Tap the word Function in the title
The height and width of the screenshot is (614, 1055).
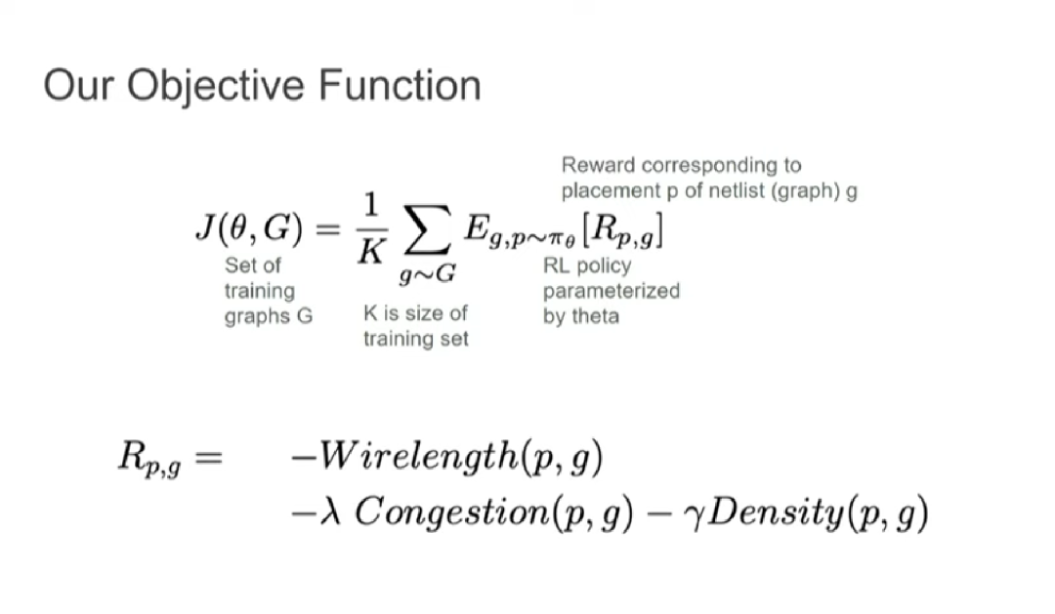click(x=400, y=85)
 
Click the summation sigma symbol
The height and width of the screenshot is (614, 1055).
click(x=427, y=230)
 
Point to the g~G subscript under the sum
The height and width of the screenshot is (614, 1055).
click(x=427, y=273)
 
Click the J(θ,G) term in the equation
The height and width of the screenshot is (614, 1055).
click(x=250, y=227)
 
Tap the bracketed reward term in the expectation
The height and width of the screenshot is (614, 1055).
click(x=623, y=230)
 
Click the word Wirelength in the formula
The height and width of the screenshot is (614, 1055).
click(x=418, y=457)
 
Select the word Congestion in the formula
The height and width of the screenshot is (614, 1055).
click(x=452, y=513)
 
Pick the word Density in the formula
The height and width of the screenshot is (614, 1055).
click(x=775, y=513)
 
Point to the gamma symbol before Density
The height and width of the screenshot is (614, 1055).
click(x=694, y=516)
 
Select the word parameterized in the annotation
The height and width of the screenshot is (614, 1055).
click(x=612, y=292)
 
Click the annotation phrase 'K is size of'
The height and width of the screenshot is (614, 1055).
click(x=415, y=312)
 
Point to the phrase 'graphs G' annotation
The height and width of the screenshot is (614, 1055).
click(x=269, y=316)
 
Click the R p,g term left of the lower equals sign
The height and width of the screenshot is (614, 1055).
click(x=149, y=457)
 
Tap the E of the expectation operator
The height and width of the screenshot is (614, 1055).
click(x=476, y=227)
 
